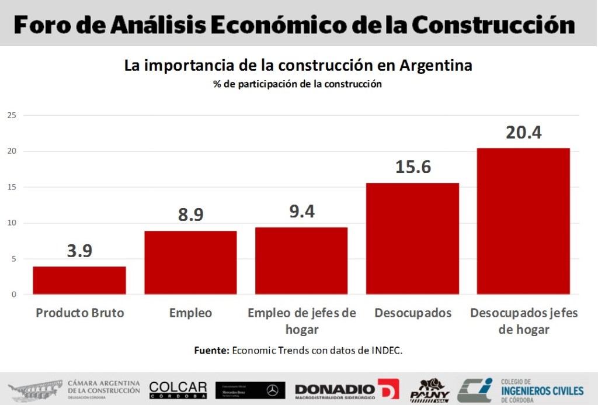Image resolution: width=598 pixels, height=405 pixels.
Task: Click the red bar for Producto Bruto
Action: tap(79, 280)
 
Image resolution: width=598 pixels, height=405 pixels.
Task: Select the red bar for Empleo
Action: tap(190, 262)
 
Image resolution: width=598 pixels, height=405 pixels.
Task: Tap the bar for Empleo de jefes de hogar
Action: tap(301, 261)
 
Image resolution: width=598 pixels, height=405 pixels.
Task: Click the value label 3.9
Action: tap(79, 251)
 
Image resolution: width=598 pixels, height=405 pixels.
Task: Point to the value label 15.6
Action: tap(413, 167)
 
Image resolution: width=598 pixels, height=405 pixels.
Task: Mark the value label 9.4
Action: tap(302, 212)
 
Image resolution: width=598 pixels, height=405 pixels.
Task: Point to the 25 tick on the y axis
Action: tap(11, 116)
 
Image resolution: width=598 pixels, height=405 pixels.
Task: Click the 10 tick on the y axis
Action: tap(11, 223)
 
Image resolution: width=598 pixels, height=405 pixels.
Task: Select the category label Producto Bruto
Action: tap(80, 313)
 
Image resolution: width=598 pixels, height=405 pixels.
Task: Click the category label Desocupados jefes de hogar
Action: tap(524, 321)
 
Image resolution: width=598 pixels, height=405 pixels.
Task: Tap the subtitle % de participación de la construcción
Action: tap(297, 84)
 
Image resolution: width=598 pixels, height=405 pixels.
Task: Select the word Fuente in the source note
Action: tap(211, 351)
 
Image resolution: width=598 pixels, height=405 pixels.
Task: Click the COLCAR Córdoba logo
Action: tap(178, 390)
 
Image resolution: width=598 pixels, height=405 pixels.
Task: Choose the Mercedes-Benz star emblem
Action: tap(272, 390)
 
